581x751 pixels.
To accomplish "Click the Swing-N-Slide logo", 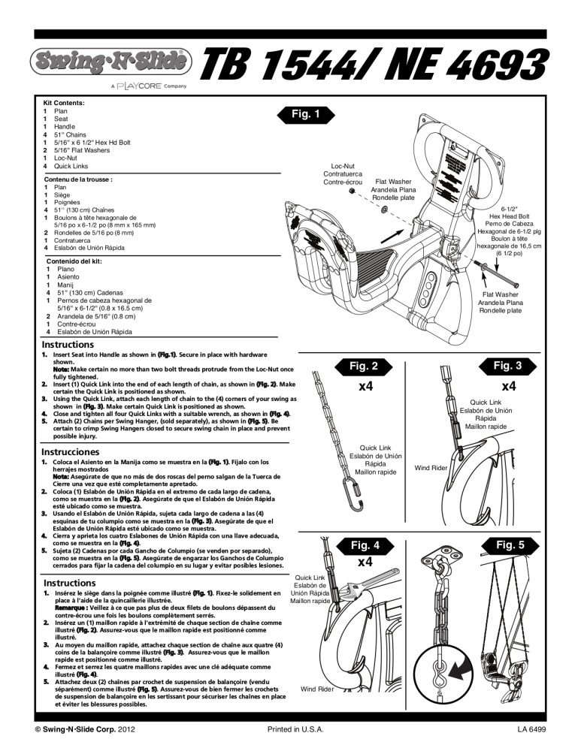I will point(110,60).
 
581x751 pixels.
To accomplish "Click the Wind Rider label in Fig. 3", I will point(431,469).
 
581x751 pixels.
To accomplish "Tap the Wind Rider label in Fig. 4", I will point(316,689).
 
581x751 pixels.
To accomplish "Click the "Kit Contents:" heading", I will point(63,102).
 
